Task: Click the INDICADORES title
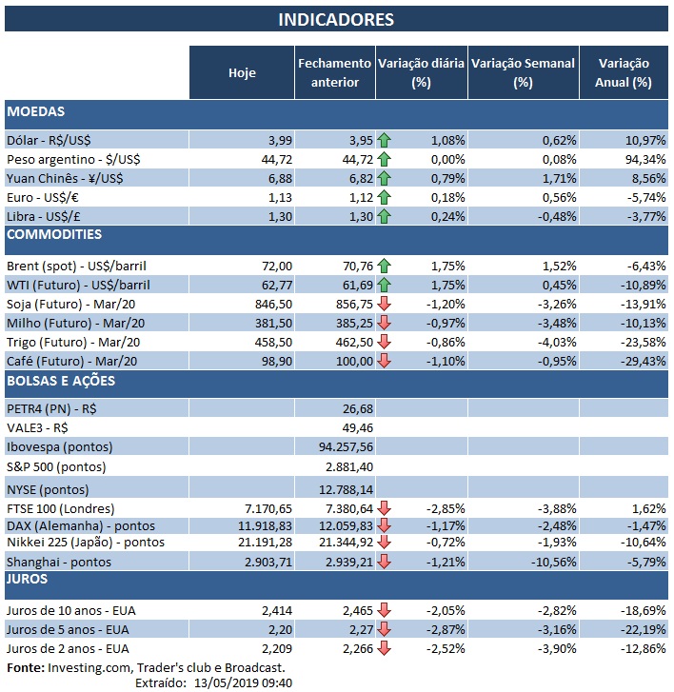(x=336, y=20)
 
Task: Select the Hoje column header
(x=242, y=73)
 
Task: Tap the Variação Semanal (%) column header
(x=523, y=72)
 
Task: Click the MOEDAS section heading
(x=35, y=112)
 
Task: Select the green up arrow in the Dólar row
(x=385, y=140)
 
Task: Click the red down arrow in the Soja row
(x=385, y=304)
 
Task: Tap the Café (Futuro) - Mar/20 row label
(x=74, y=360)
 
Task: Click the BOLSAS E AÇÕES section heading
(x=61, y=382)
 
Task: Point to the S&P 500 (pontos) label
(x=56, y=466)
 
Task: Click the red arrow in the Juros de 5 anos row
(x=385, y=629)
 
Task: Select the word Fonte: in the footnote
(x=25, y=667)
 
